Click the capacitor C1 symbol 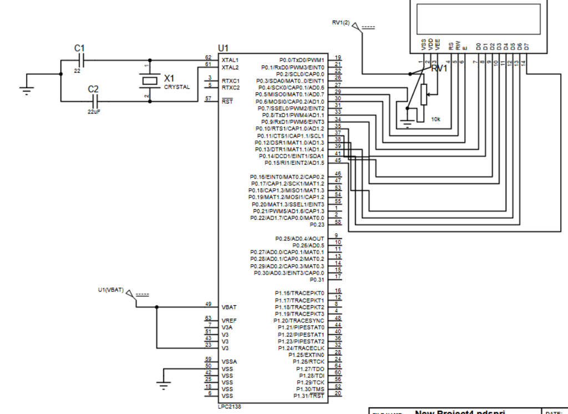point(81,59)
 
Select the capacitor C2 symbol point(95,101)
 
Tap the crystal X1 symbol point(148,81)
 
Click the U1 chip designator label point(223,48)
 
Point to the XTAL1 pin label point(230,60)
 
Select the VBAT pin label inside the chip point(229,307)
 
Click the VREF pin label point(229,321)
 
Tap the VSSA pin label point(229,362)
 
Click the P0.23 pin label point(317,225)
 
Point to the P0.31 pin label point(317,280)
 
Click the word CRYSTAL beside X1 point(177,87)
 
